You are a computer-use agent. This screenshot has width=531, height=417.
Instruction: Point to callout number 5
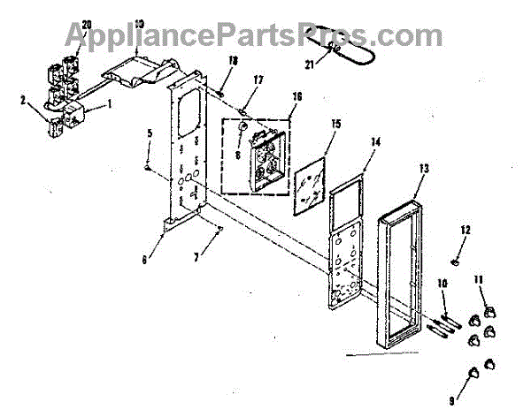(150, 133)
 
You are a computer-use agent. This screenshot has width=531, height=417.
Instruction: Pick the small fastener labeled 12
(452, 260)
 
